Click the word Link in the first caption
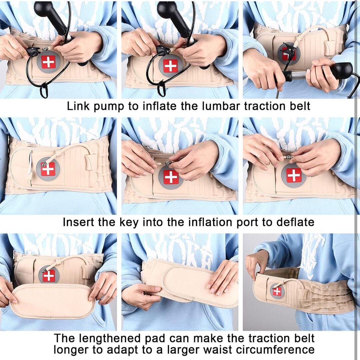point(78,106)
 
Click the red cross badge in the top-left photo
point(48,62)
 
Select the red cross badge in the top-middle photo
point(171,66)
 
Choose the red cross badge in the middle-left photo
point(48,169)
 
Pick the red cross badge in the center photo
point(171,177)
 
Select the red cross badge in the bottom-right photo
point(277,291)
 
